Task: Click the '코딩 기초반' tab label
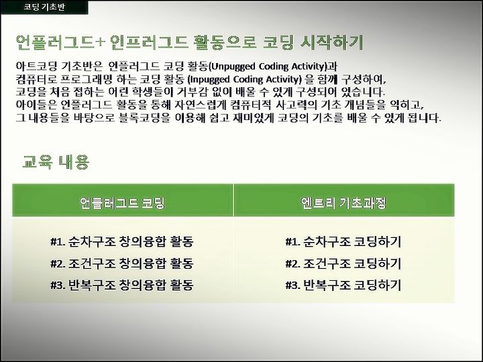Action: pos(44,7)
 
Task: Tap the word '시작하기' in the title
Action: pos(332,42)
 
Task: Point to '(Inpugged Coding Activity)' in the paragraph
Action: pos(245,79)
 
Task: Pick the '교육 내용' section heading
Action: pos(56,162)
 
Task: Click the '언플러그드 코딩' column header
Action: pos(122,202)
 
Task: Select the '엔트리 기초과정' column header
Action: pos(343,202)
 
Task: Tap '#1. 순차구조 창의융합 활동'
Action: pos(122,241)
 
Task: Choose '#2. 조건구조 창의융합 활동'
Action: pos(122,263)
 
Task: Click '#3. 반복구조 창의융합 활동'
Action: pos(122,285)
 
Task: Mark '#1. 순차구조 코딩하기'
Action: pos(343,241)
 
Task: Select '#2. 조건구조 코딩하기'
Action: pos(343,263)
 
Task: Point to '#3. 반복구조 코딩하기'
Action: pos(343,285)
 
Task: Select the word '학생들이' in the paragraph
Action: pos(149,92)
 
